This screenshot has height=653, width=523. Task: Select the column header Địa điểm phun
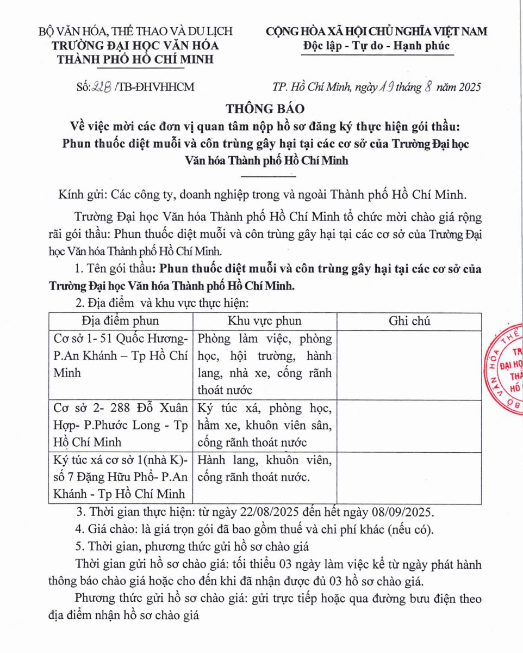coord(121,321)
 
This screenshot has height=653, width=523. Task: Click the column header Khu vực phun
coord(264,321)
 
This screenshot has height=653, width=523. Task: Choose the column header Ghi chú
coord(409,321)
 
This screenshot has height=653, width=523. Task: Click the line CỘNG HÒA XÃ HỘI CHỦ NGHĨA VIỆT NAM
coord(376,32)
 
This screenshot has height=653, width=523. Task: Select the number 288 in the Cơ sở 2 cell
coord(108,408)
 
